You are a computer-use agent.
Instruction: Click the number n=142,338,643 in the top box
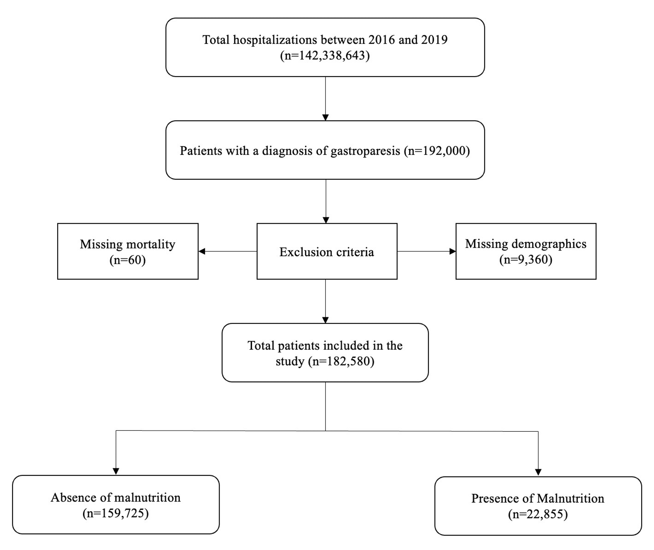point(325,56)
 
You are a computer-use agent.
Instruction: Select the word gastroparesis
point(365,151)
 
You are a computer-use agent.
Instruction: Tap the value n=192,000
point(437,151)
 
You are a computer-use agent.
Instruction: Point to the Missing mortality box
point(128,251)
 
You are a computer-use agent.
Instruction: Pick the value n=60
point(128,260)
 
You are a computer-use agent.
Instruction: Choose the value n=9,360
point(526,259)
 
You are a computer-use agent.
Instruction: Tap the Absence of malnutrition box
point(116,504)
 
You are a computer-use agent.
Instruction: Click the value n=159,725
point(116,513)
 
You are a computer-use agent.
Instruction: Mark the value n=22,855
point(538,514)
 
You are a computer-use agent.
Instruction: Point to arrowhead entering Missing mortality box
point(202,251)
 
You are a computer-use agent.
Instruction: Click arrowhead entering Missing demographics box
point(452,251)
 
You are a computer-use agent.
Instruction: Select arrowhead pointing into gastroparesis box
point(325,117)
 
